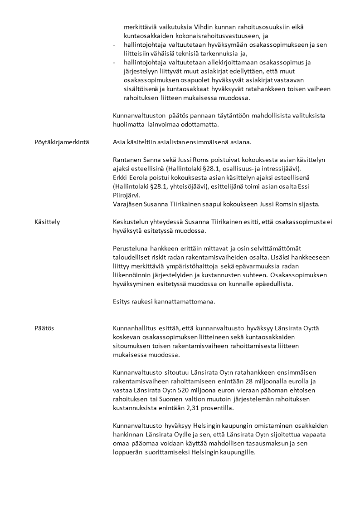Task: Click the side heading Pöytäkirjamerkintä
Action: click(x=62, y=142)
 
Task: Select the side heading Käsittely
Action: click(x=47, y=222)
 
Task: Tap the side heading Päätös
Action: click(x=44, y=328)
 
